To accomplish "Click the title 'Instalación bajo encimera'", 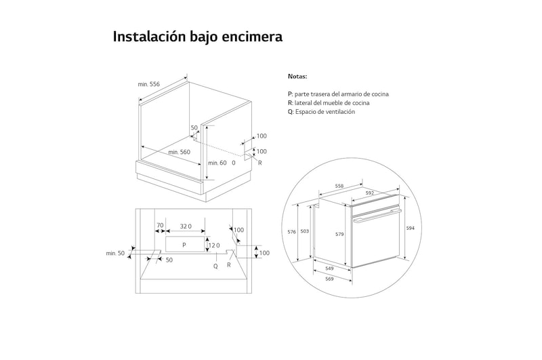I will coord(197,37).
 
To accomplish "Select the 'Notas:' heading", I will coord(297,77).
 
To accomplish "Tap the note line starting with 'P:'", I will coord(338,94).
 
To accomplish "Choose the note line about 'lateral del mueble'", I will coord(329,103).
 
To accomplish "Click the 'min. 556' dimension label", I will coord(148,84).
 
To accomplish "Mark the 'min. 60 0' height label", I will coord(222,163).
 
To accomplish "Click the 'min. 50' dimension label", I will coord(115,253).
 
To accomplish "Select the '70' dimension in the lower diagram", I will coord(160,226).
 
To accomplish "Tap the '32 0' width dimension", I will coord(186,226).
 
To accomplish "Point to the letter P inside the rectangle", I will coord(184,244).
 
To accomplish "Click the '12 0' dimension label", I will coord(214,245).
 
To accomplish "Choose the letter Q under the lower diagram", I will coord(215,266).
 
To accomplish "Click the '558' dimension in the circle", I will coord(339,186).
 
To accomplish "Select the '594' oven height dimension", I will coord(410,228).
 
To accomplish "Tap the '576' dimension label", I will coord(292,232).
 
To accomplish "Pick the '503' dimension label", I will coord(305,232).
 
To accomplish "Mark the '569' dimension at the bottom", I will coord(329,279).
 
